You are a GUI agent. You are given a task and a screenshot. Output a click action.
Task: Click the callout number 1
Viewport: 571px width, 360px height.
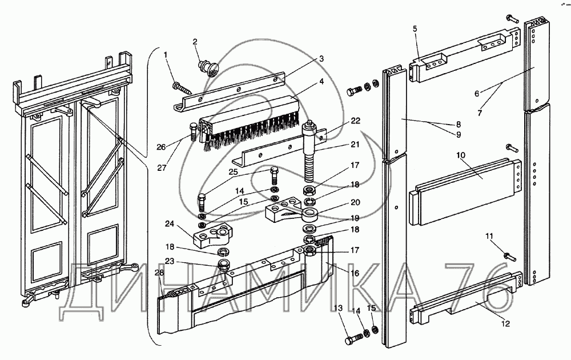coord(166,55)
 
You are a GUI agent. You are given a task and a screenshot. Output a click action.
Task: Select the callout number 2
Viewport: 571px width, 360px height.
coord(195,41)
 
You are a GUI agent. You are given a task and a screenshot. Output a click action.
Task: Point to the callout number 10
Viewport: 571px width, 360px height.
coord(461,155)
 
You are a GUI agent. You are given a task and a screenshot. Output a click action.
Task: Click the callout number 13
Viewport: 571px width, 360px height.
coord(339,308)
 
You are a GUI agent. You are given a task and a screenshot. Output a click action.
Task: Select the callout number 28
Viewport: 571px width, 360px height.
coord(159,273)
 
